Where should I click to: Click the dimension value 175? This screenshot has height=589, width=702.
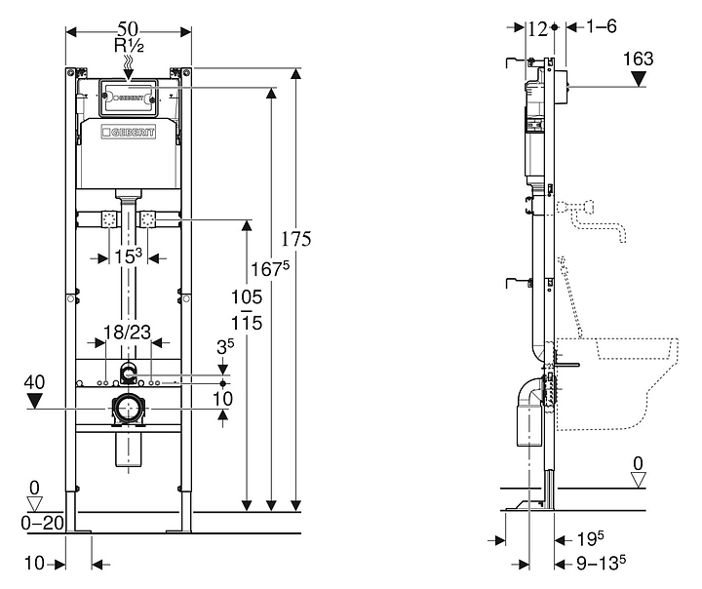click(293, 239)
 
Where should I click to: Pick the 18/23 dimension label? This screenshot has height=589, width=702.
click(126, 332)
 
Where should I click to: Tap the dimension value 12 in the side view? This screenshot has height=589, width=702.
click(536, 29)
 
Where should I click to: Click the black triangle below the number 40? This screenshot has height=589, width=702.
click(36, 400)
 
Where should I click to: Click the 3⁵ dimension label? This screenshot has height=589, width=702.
click(225, 345)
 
